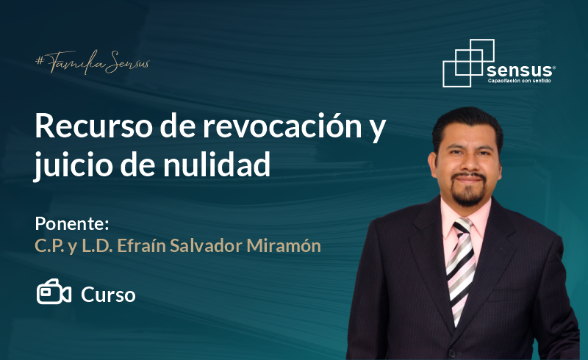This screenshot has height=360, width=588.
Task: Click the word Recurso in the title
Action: (x=94, y=126)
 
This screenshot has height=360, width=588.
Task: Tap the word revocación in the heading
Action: (x=282, y=126)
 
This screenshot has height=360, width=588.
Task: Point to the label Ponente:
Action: (x=72, y=223)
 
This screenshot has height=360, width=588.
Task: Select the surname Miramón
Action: (x=284, y=245)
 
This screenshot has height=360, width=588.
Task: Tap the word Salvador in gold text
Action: (x=206, y=245)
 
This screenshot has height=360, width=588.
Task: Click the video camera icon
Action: (x=54, y=292)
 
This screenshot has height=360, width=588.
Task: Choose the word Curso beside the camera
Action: (x=108, y=295)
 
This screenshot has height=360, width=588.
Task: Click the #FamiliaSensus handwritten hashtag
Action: (x=93, y=62)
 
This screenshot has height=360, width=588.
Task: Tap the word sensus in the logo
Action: (x=520, y=70)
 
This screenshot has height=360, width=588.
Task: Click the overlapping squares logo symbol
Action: (x=469, y=63)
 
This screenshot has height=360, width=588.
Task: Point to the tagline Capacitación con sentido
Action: (x=520, y=81)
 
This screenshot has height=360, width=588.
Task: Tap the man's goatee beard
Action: (x=467, y=191)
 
